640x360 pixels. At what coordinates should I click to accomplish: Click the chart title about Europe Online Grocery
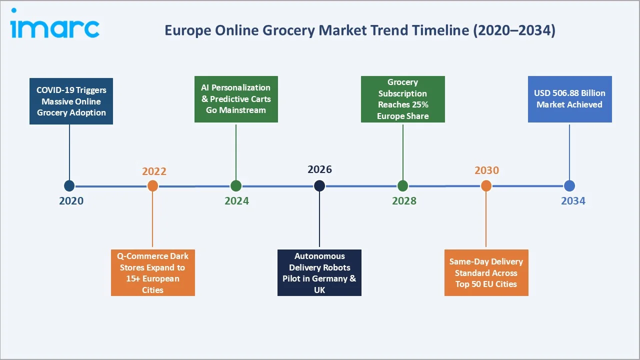click(359, 30)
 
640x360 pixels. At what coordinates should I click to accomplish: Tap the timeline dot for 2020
click(69, 186)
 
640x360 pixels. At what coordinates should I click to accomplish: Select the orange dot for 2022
click(153, 186)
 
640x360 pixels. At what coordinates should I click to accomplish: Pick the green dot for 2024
click(236, 186)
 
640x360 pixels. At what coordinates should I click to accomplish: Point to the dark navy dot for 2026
click(319, 186)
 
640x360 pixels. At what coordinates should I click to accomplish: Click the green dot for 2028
click(403, 186)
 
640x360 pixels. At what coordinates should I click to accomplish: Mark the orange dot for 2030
click(486, 186)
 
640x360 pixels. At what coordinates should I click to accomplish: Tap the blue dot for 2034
click(569, 186)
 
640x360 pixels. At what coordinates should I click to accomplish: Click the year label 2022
click(154, 171)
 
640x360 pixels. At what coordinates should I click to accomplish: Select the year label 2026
click(319, 169)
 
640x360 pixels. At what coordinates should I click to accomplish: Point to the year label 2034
click(573, 201)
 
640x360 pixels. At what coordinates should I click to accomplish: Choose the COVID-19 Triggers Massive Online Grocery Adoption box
click(71, 101)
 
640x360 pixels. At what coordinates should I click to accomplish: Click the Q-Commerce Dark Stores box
click(152, 273)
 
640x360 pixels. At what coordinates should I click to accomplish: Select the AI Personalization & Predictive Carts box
click(236, 99)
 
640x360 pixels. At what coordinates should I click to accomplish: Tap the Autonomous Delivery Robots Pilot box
click(319, 273)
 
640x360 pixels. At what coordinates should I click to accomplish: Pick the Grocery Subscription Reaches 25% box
click(402, 99)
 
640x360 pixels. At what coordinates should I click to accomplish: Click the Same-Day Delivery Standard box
click(486, 273)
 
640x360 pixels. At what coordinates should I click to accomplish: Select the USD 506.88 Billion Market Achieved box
click(569, 99)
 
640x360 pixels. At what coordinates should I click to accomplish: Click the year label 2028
click(404, 201)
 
